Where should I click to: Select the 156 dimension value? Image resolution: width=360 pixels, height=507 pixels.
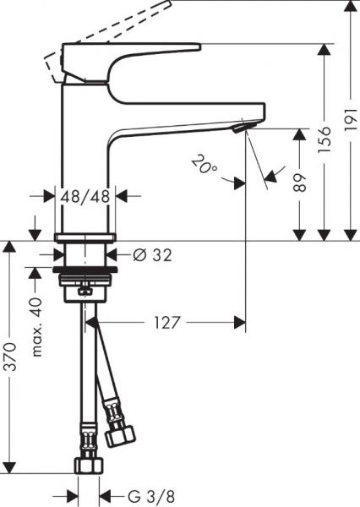(322, 153)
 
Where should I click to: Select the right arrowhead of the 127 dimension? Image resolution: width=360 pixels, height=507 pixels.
(241, 322)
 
